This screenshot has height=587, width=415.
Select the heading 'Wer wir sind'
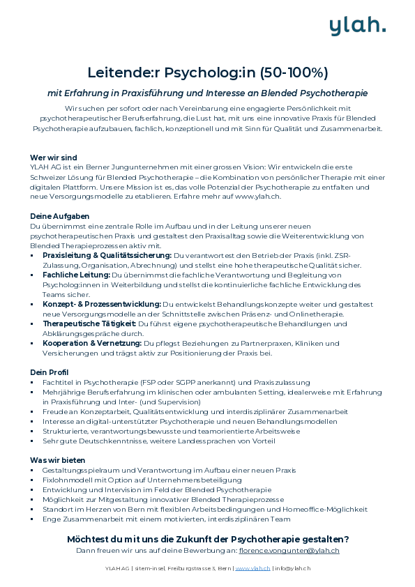click(x=54, y=158)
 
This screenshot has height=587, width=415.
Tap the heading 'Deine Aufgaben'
click(x=59, y=216)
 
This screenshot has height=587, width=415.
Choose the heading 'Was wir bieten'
click(x=57, y=460)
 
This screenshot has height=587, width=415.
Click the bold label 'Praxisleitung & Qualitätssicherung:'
click(x=107, y=256)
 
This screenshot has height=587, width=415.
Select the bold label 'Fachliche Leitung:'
click(x=75, y=275)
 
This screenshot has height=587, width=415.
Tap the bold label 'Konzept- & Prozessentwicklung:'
click(x=101, y=305)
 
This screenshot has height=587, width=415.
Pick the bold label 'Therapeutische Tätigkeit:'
click(x=89, y=324)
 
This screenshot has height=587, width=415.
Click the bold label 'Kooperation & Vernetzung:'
click(x=91, y=344)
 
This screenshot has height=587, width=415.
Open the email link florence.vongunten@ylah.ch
click(x=289, y=551)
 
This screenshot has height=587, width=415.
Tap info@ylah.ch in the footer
click(x=292, y=568)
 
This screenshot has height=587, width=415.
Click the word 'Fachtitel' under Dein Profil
click(x=58, y=382)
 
